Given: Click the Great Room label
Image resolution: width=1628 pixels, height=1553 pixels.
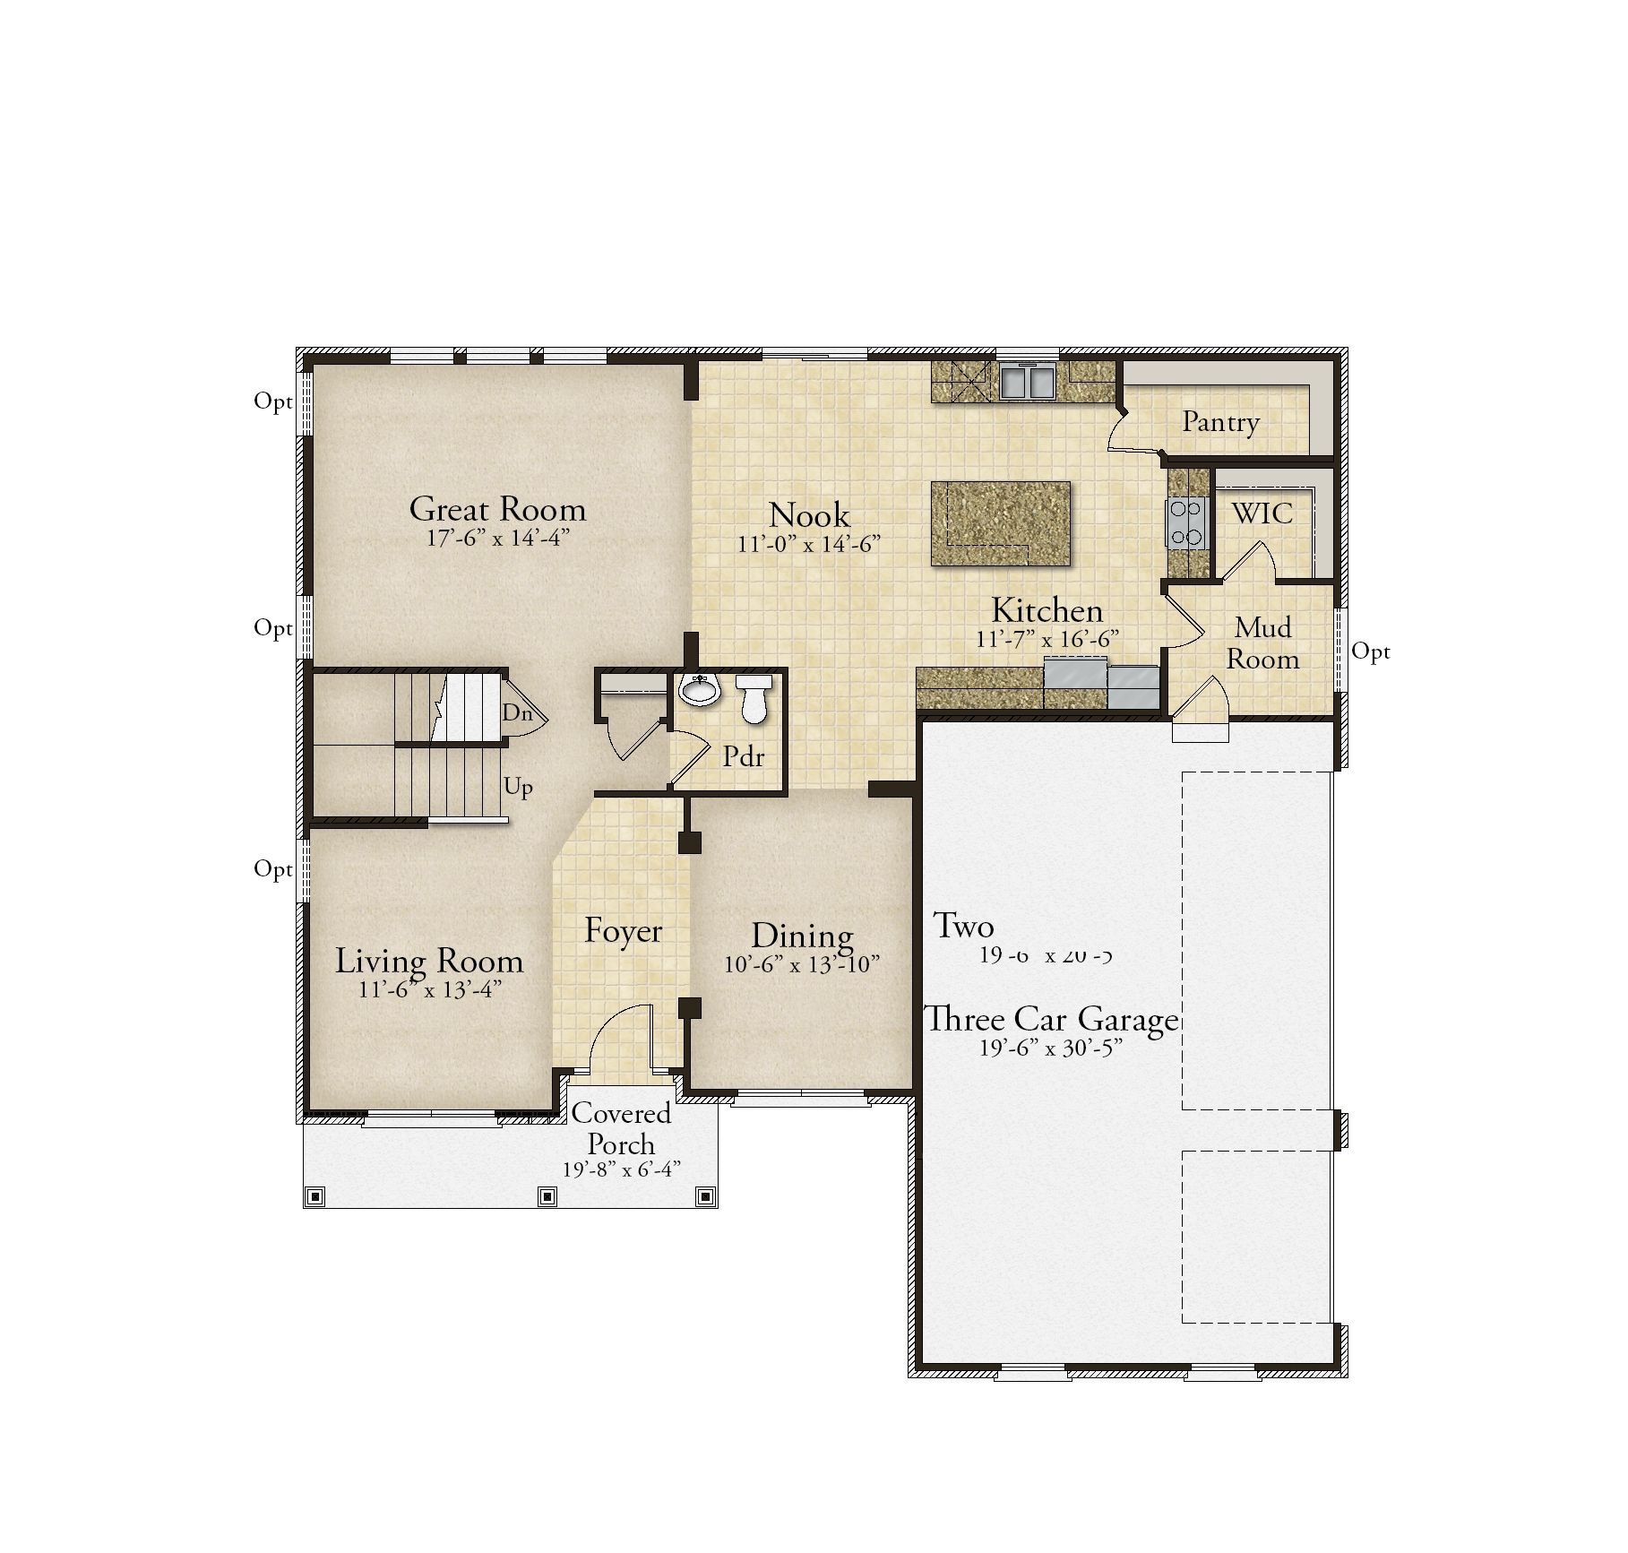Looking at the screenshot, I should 497,510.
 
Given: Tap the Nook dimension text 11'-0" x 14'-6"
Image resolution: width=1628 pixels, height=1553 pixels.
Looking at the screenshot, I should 809,544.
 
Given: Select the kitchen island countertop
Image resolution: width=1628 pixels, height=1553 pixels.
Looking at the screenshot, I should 1001,522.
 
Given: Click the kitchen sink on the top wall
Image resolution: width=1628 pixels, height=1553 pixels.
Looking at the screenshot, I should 1028,381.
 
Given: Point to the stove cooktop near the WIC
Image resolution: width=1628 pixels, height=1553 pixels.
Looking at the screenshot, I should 1185,523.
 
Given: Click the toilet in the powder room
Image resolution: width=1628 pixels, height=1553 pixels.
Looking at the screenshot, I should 754,698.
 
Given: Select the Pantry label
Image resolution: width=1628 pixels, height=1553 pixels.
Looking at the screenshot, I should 1220,421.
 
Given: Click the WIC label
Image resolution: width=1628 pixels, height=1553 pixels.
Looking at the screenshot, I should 1262,513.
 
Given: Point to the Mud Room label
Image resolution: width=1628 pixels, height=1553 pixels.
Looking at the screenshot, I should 1262,643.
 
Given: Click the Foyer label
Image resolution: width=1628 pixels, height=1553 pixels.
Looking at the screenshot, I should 623,931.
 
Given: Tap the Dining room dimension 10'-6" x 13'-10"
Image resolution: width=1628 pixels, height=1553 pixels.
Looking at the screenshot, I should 802,964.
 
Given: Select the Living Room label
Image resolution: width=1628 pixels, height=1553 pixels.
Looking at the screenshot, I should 429,962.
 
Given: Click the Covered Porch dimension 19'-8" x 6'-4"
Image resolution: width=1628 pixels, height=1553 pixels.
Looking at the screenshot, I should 622,1169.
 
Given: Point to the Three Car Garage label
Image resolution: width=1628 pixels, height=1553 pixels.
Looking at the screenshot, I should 1051,1020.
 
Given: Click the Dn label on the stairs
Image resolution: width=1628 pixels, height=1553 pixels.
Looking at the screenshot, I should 517,713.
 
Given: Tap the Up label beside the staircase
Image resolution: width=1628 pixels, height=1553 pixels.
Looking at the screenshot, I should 518,787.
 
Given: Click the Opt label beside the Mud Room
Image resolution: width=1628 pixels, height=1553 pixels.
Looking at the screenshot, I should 1370,651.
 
